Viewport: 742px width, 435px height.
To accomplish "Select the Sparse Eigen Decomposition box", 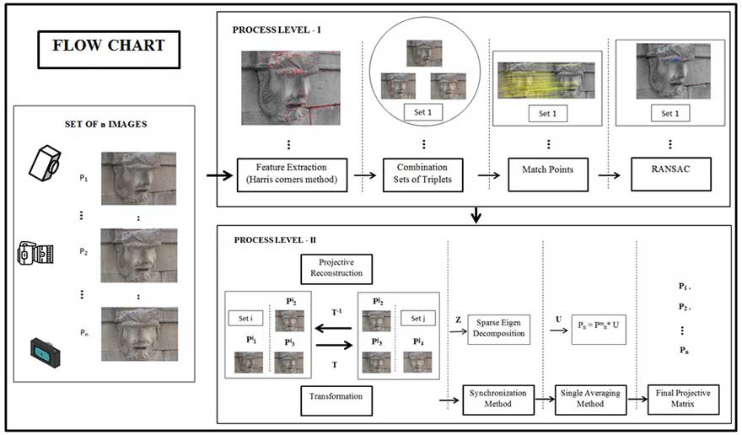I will pos(497,328).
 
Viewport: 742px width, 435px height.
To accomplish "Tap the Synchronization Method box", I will pos(499,398).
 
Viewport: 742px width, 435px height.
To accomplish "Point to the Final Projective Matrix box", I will pos(684,398).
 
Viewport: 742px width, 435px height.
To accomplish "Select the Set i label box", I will pos(245,319).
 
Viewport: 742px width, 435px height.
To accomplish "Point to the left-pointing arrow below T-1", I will pos(332,330).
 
